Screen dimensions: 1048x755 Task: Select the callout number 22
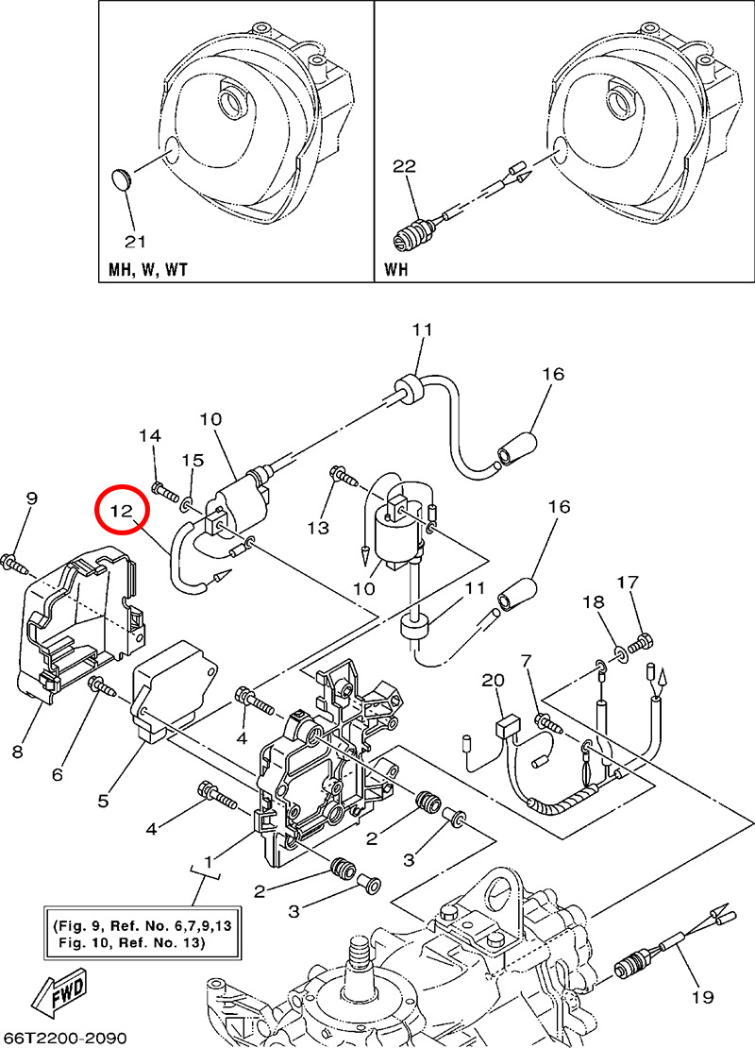pos(405,166)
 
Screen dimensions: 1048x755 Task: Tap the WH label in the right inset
pos(398,269)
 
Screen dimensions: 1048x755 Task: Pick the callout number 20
pos(493,680)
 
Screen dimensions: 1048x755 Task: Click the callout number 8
pos(18,752)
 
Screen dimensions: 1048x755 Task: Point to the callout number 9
pos(31,498)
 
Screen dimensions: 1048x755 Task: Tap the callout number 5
pos(103,801)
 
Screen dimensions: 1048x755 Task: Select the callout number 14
pos(150,435)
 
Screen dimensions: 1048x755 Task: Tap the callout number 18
pos(591,601)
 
